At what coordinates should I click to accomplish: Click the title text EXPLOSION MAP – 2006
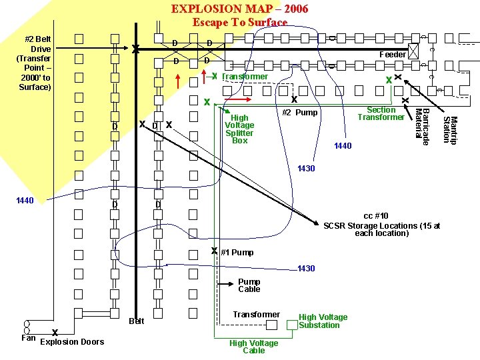tap(239, 9)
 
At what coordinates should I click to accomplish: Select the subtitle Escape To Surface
tap(239, 22)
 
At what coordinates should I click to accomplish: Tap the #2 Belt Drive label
tap(35, 63)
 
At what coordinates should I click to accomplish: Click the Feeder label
tap(392, 55)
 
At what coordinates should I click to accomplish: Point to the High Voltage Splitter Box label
tap(239, 129)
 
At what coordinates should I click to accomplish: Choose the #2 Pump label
tap(299, 113)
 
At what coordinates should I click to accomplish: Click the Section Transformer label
tap(381, 113)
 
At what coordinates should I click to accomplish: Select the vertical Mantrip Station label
tap(450, 129)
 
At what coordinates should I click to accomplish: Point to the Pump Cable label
tap(249, 285)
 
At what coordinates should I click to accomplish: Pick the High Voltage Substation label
tap(323, 321)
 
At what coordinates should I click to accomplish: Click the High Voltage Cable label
tap(253, 347)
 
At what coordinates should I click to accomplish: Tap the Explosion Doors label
tap(72, 342)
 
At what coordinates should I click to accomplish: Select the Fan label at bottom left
tap(28, 338)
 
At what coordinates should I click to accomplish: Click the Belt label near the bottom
tap(136, 321)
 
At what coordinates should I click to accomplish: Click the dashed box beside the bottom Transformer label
tap(273, 325)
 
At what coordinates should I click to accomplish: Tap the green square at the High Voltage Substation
tap(291, 325)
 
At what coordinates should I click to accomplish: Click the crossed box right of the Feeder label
tap(414, 51)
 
